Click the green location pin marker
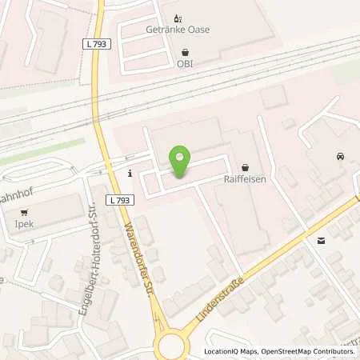point(181,162)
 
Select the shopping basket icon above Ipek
point(26,213)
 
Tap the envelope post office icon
point(321,240)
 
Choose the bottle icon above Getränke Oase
point(178,16)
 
